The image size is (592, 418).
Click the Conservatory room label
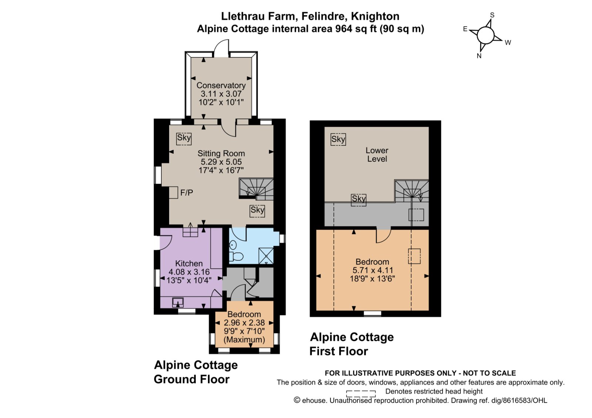coord(221,85)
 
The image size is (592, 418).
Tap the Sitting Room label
coord(221,153)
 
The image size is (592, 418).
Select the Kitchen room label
coord(189,263)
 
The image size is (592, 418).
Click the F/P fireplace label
coord(186,193)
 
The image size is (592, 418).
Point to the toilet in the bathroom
coord(236,256)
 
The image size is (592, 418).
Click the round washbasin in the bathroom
coord(233,245)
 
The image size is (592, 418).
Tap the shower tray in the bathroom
coord(266,256)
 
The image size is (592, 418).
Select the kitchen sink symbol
coord(178,302)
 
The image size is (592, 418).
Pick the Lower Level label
coord(377,155)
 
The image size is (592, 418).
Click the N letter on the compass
coord(479,56)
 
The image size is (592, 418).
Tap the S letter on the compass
coord(492,15)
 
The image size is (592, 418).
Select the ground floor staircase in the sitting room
coord(256,189)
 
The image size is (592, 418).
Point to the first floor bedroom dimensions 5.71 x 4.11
coord(373,270)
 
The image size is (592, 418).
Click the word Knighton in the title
coord(375,16)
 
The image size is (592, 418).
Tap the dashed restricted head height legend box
coord(361,394)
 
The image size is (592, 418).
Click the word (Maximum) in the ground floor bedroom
coord(244,340)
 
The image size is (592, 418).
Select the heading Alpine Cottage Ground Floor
coord(196,372)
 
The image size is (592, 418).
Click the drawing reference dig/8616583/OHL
coord(519,401)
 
